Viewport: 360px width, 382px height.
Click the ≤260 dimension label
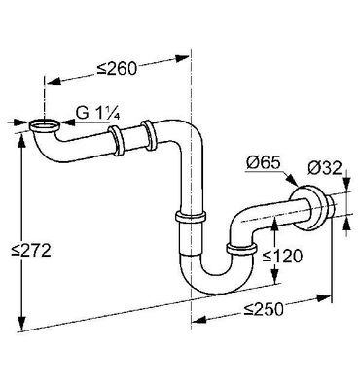[117, 69]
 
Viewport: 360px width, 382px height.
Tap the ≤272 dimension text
[31, 250]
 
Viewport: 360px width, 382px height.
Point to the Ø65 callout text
[263, 163]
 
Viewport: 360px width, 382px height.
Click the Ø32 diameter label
[325, 168]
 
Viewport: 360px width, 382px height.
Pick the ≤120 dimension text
[282, 256]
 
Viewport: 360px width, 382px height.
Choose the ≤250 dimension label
[264, 309]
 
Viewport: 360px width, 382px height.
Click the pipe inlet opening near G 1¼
[45, 124]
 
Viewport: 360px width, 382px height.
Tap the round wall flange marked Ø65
[307, 208]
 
